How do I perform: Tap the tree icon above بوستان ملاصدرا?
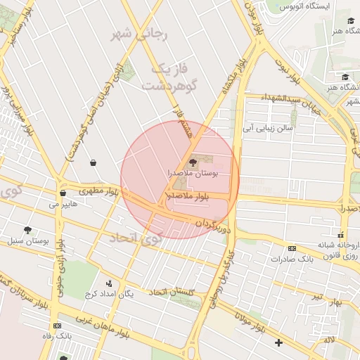[193, 162]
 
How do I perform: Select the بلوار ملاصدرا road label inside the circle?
[188, 196]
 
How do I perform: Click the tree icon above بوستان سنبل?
[28, 230]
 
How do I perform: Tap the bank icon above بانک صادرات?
[292, 248]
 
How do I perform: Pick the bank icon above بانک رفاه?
[56, 326]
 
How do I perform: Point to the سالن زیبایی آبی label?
[267, 129]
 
